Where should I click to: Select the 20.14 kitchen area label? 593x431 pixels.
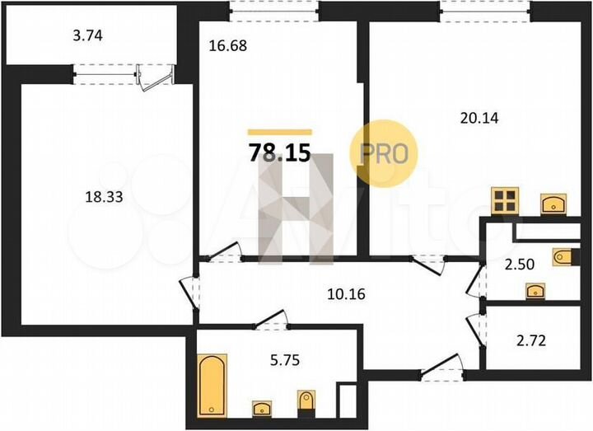(479, 117)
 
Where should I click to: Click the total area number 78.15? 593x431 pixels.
(279, 153)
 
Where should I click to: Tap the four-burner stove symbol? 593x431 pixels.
(505, 200)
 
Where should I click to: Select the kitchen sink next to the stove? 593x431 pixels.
(552, 203)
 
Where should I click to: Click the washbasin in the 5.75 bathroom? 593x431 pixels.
(263, 408)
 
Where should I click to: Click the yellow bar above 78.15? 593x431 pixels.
(280, 132)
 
